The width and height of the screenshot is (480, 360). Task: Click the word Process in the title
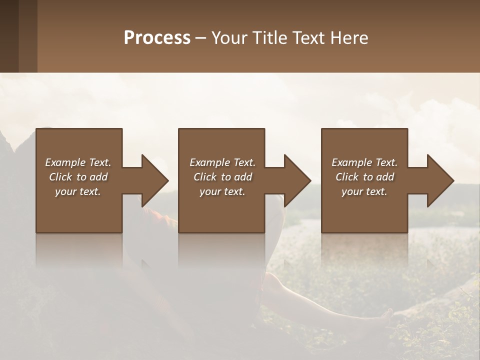click(157, 38)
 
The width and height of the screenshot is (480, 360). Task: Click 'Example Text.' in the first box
click(78, 162)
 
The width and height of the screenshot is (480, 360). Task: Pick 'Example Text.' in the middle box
click(222, 162)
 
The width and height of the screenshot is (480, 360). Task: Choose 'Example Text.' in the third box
click(364, 162)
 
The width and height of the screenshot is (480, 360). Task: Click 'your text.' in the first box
click(78, 191)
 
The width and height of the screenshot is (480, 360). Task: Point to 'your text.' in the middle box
click(222, 191)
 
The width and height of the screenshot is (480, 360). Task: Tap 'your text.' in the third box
click(364, 191)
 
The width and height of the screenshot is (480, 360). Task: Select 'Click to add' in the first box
click(78, 177)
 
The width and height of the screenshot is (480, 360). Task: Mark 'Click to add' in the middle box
click(222, 177)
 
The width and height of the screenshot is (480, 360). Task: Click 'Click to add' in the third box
click(364, 177)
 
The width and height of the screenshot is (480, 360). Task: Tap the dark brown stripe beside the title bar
click(9, 36)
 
